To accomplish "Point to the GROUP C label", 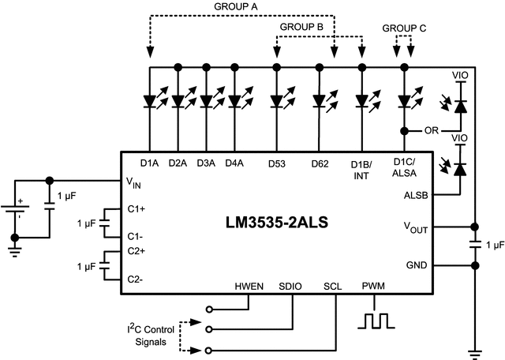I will click(404, 27).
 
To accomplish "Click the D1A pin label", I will click(150, 163).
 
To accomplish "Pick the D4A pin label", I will click(233, 163).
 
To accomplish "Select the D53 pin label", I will click(277, 163).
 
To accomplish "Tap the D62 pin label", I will click(320, 163).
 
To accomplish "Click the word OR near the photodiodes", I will click(431, 130).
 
